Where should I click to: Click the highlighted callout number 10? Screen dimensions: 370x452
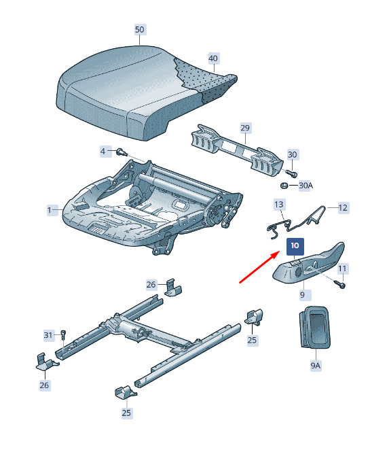tap(295, 246)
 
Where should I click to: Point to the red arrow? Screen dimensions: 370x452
tap(259, 267)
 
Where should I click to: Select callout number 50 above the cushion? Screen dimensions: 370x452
tap(140, 30)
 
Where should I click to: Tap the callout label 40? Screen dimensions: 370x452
tap(213, 58)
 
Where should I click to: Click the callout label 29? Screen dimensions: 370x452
tap(245, 128)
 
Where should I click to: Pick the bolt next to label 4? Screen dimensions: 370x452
tap(122, 152)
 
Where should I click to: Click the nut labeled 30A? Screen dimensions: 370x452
tap(284, 186)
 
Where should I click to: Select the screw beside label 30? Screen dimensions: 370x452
tap(291, 173)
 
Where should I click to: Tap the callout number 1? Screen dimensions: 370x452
tap(50, 210)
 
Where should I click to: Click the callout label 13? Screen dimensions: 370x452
tap(279, 205)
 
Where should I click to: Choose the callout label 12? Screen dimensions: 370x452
tap(343, 208)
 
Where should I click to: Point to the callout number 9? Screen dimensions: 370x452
tap(302, 294)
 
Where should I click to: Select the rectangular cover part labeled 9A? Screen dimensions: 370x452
tap(315, 327)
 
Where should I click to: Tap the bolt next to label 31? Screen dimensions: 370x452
tap(64, 335)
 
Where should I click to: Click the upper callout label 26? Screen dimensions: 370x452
tap(151, 285)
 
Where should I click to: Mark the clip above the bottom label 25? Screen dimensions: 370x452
tap(125, 392)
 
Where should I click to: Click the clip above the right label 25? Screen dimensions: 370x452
tap(254, 317)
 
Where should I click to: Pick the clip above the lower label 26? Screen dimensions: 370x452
tap(47, 361)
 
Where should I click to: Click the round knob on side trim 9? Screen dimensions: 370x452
tap(298, 272)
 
